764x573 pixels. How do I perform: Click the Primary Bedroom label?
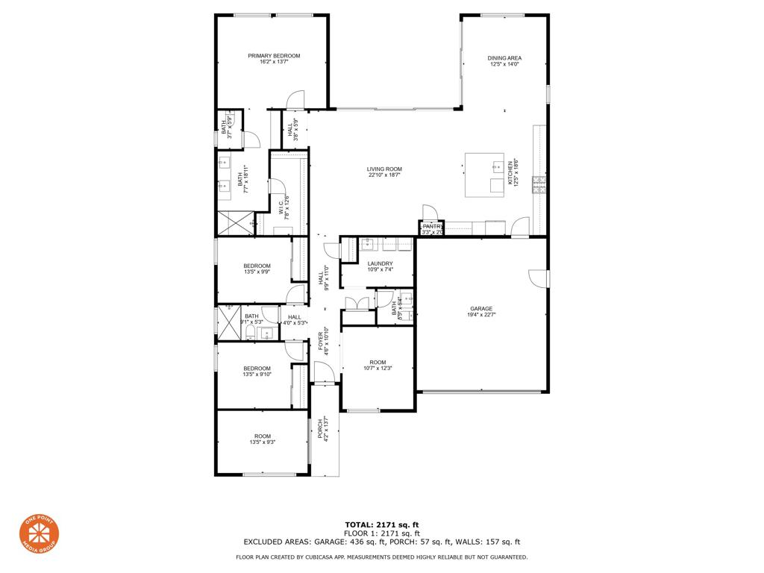[274, 56]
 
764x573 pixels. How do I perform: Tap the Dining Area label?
[504, 57]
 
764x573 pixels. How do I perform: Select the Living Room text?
[384, 169]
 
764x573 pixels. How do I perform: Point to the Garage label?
[481, 308]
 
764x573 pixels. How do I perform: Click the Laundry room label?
[380, 263]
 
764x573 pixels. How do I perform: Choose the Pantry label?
[432, 226]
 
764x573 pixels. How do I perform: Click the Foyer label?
[321, 340]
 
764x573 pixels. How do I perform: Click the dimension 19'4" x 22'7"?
[481, 315]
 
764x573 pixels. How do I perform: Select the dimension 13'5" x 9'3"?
[262, 443]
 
